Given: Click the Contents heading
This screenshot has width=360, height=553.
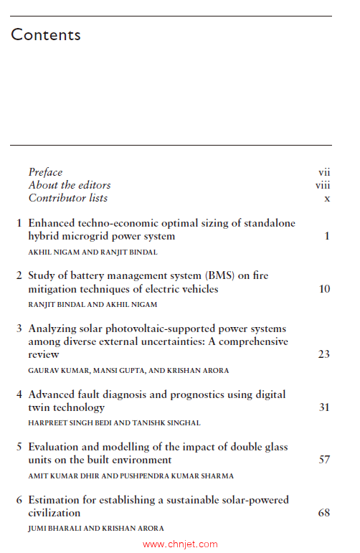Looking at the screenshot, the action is (46, 34).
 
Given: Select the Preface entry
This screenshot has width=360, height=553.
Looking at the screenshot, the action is (45, 172).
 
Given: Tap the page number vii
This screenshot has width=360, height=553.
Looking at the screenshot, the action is (324, 172).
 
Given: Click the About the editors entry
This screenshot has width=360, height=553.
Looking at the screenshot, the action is (70, 185).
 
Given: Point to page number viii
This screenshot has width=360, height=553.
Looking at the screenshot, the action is (323, 185).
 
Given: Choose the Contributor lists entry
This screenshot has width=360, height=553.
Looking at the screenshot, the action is (68, 198).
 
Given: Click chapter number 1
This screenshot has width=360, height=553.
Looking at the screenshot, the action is (19, 224).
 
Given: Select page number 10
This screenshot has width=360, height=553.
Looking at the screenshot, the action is (324, 289).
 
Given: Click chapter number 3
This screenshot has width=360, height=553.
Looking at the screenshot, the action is (19, 329).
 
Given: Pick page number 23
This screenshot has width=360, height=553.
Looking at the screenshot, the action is (324, 354).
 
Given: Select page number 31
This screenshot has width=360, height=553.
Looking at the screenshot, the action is (324, 407).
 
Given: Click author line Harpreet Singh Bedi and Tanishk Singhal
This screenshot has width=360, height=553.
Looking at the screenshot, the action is (114, 423).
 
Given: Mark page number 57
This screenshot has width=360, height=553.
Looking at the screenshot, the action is (324, 460).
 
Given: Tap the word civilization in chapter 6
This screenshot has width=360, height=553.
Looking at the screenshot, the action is (55, 513).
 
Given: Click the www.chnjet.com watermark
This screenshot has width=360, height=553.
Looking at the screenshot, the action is (180, 544).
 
